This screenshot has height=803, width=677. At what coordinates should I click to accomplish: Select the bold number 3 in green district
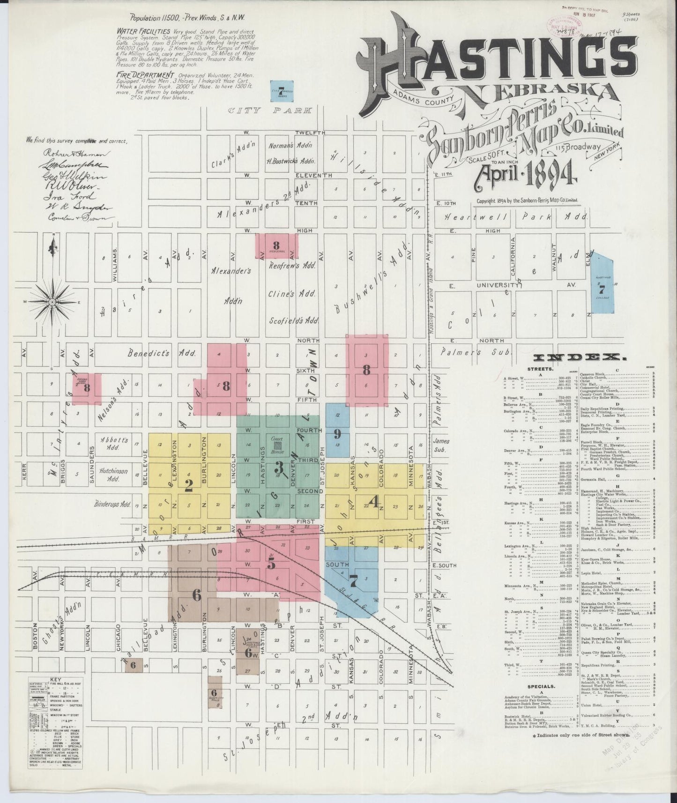tap(279, 467)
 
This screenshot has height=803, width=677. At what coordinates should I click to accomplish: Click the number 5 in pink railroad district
tap(271, 564)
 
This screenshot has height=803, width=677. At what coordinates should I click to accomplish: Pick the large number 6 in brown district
tap(197, 595)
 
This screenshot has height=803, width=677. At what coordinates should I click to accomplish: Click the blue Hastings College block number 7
tap(602, 290)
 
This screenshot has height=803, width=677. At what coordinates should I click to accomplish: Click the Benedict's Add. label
tap(162, 354)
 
